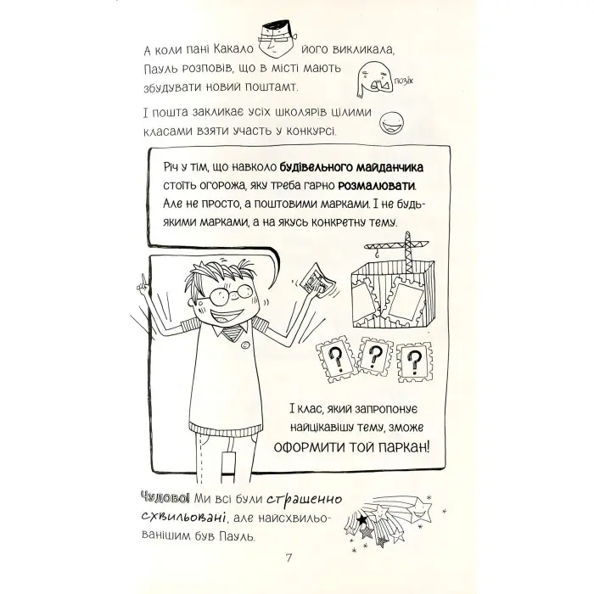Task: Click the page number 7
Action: tap(289, 558)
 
